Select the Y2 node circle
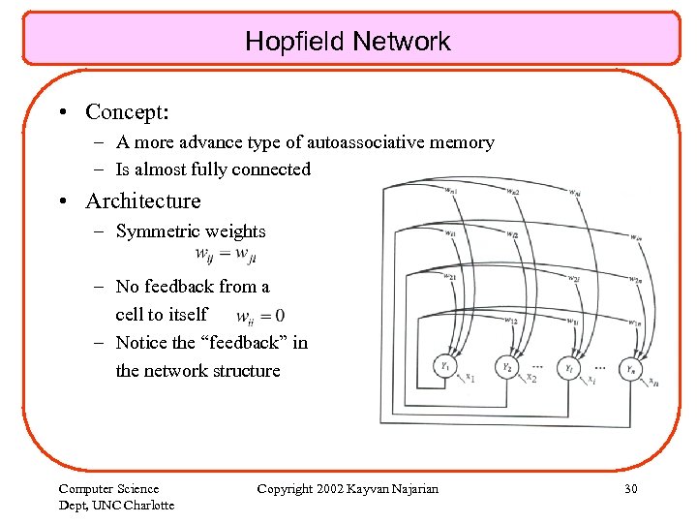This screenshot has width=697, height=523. pos(507,367)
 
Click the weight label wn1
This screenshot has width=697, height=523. pos(450,191)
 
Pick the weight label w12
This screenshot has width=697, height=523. pos(511,320)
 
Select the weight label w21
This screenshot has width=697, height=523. pos(449,277)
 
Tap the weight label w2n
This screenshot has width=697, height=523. pos(634,280)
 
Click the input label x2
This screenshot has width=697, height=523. pos(530,379)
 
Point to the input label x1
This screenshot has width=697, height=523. pos(470,378)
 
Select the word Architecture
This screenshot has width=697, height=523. pos(143,201)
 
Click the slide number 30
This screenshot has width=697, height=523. pos(630,489)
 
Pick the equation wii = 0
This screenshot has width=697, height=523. pos(260,316)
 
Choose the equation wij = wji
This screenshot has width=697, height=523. pos(226,256)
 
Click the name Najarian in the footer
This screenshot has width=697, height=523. pos(412,489)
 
